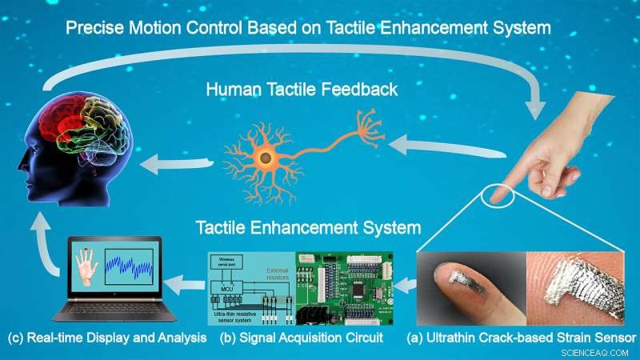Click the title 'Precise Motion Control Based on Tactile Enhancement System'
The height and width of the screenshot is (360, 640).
coord(308,28)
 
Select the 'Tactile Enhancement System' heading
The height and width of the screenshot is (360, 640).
coord(309,227)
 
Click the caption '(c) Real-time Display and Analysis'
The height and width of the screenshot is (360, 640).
coord(106,338)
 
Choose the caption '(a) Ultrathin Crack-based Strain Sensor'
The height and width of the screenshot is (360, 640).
coord(521,338)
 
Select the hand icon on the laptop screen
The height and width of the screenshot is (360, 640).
coord(86,272)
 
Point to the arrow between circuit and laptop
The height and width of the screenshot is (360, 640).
coord(190,281)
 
